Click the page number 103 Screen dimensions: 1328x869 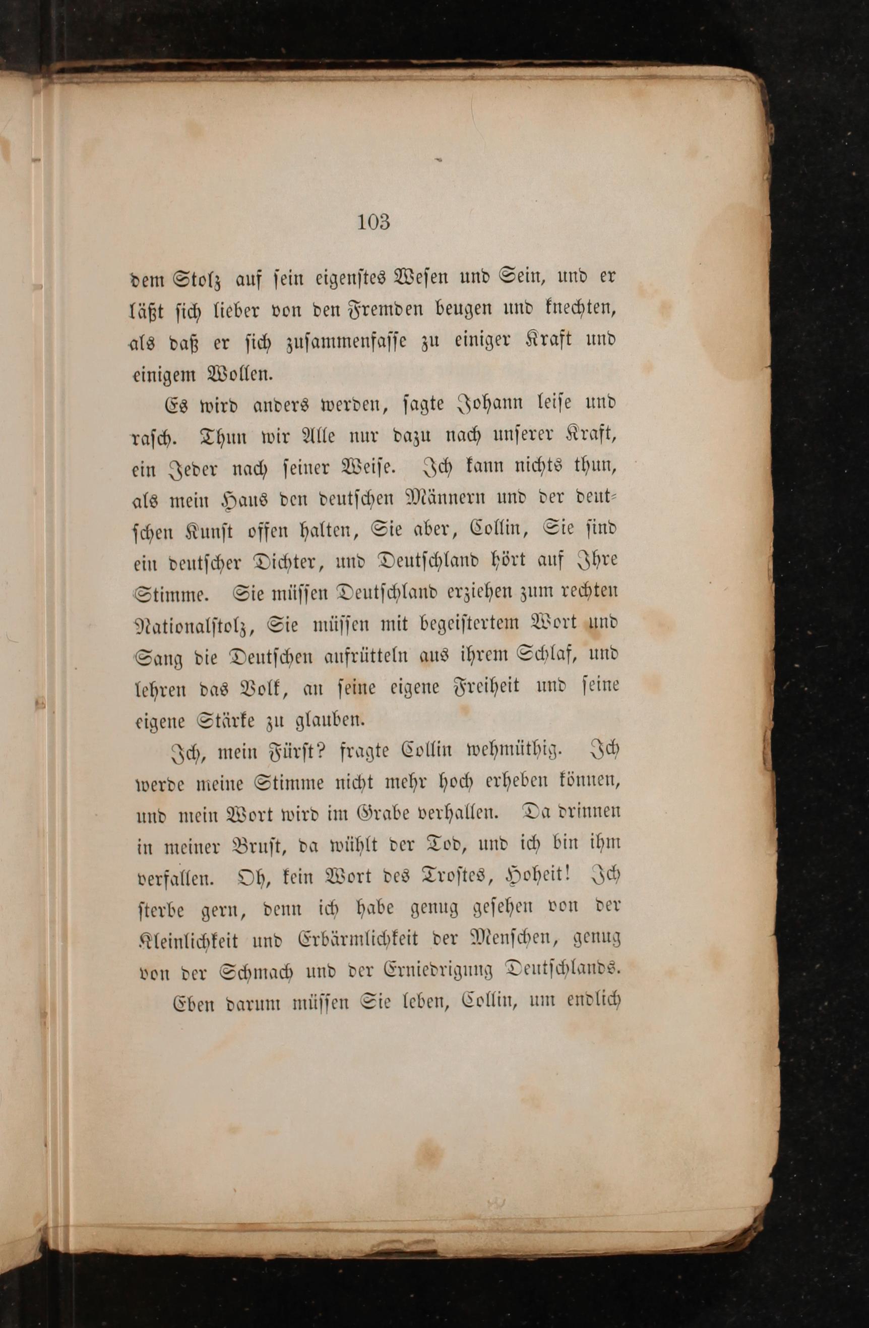click(x=373, y=222)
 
